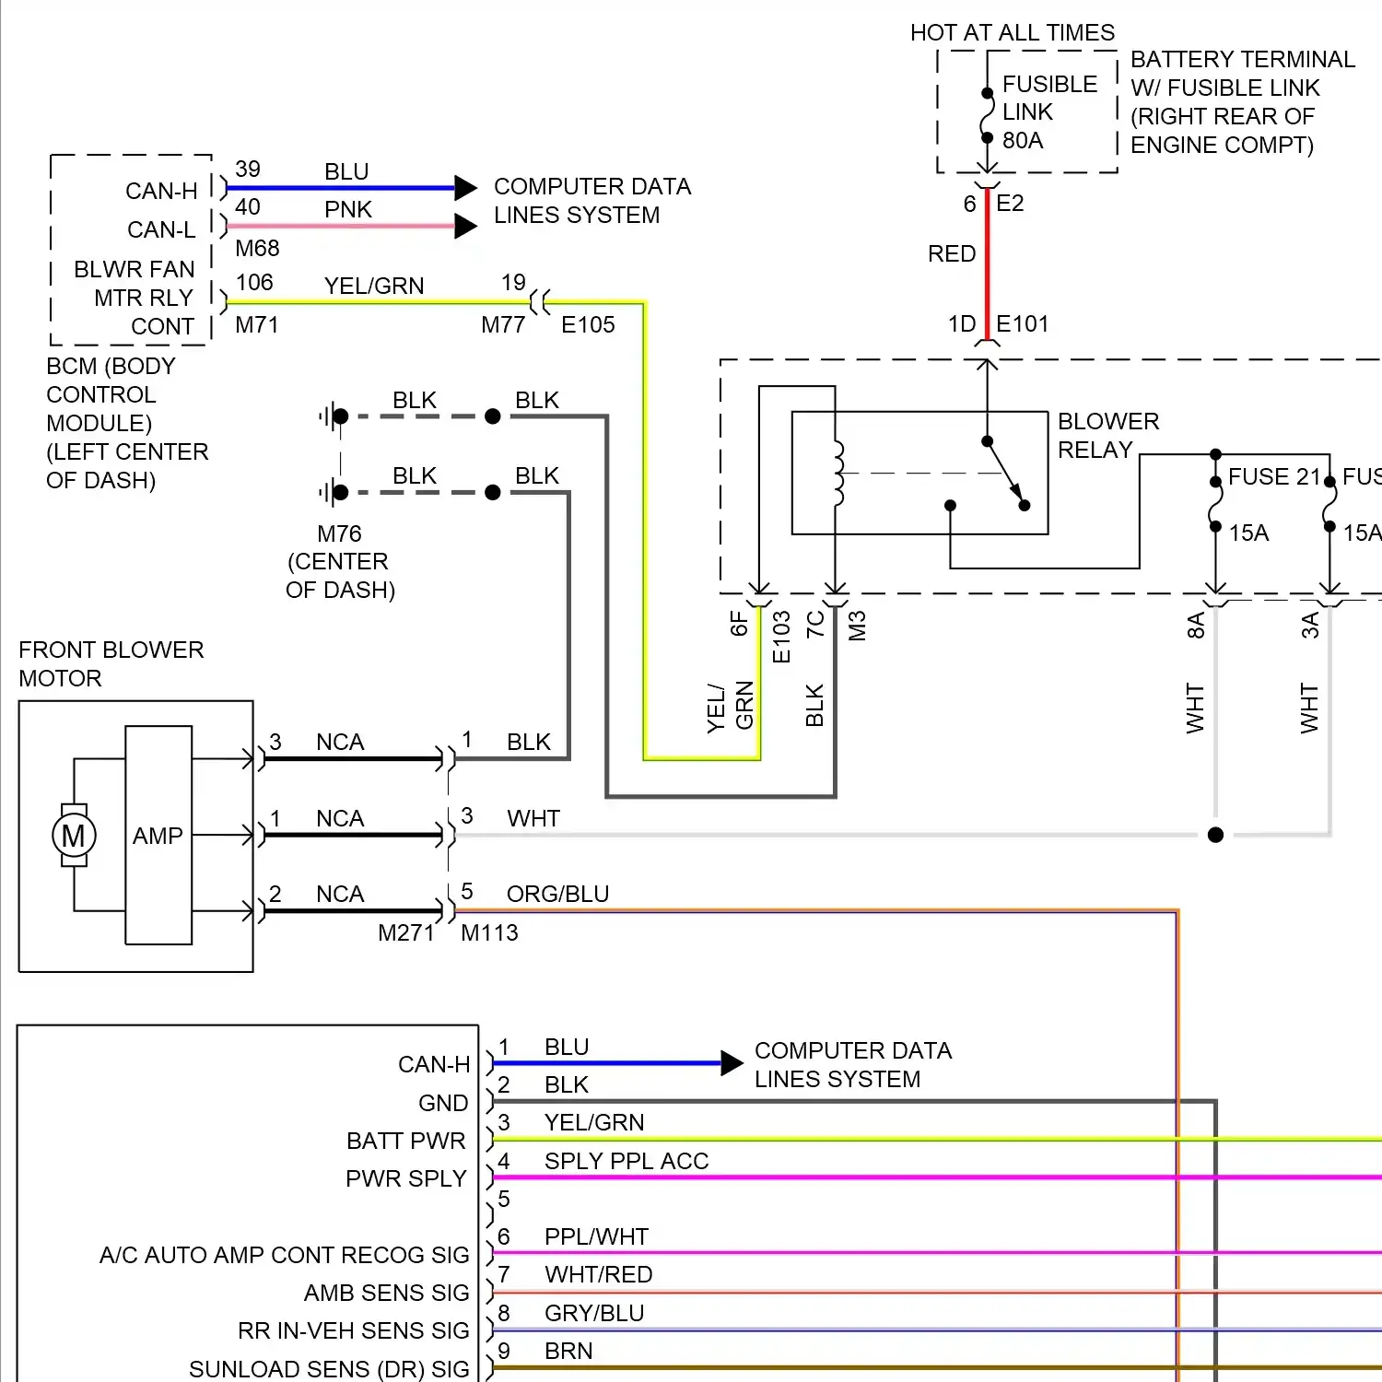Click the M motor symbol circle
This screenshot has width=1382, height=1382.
[x=74, y=836]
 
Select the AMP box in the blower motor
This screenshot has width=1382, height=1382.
[x=158, y=836]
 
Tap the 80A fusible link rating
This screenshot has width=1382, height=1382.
[x=1023, y=141]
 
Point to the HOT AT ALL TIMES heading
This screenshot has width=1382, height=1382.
[x=1012, y=33]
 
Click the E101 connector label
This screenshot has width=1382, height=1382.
[x=1023, y=324]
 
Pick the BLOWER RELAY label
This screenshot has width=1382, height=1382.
[x=1107, y=436]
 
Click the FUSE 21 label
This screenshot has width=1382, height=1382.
[x=1274, y=477]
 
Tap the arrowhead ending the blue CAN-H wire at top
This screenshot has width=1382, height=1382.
[x=466, y=188]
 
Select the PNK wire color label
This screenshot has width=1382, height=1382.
[x=348, y=210]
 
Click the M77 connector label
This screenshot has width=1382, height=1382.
[x=503, y=325]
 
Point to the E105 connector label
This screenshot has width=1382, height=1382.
[x=588, y=325]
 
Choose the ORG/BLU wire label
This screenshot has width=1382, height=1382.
[x=557, y=895]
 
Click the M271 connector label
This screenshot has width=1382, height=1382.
[x=405, y=933]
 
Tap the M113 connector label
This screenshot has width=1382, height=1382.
[x=489, y=933]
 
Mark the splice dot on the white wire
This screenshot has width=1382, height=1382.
[x=1215, y=835]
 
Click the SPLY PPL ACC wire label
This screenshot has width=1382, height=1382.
[x=627, y=1161]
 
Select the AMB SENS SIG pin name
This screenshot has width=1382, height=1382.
[x=386, y=1294]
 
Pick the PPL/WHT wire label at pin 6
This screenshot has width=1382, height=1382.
[x=596, y=1236]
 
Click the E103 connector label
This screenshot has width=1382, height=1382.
[x=781, y=637]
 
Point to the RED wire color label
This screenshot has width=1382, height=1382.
[x=952, y=254]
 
